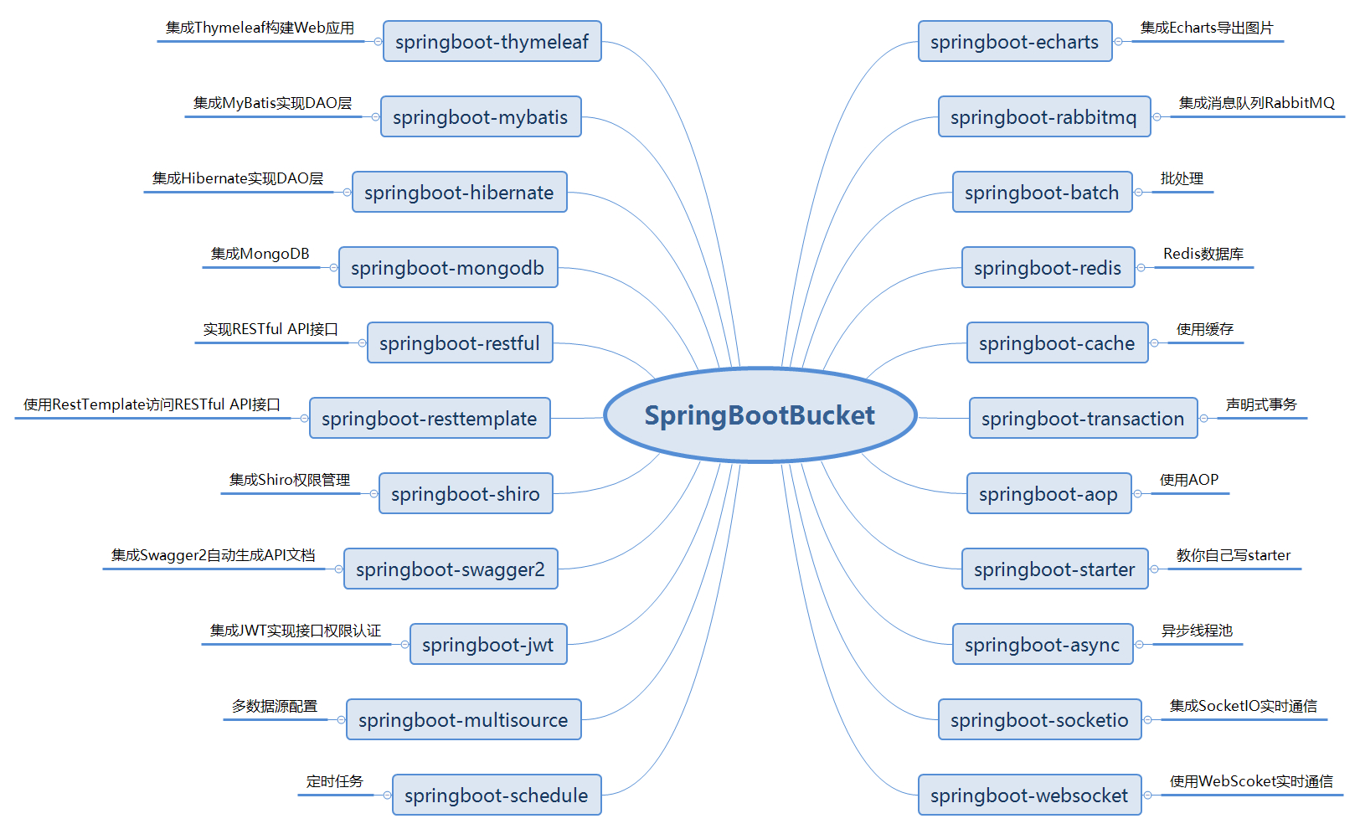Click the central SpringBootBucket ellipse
point(760,415)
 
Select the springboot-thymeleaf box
point(492,42)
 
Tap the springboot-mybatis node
point(481,117)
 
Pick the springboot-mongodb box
point(448,268)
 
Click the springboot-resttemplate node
point(430,419)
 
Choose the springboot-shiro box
point(466,494)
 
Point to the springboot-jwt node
point(488,645)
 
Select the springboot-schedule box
point(497,796)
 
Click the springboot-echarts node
point(1015,42)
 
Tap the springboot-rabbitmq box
point(1044,117)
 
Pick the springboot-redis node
point(1048,268)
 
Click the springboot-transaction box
point(1083,419)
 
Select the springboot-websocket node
point(1029,796)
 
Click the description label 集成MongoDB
point(260,254)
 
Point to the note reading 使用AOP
point(1189,480)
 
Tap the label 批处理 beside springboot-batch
point(1182,178)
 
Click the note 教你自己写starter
point(1234,555)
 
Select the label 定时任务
point(335,781)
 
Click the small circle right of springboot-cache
point(1155,343)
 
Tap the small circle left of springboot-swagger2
point(338,569)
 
